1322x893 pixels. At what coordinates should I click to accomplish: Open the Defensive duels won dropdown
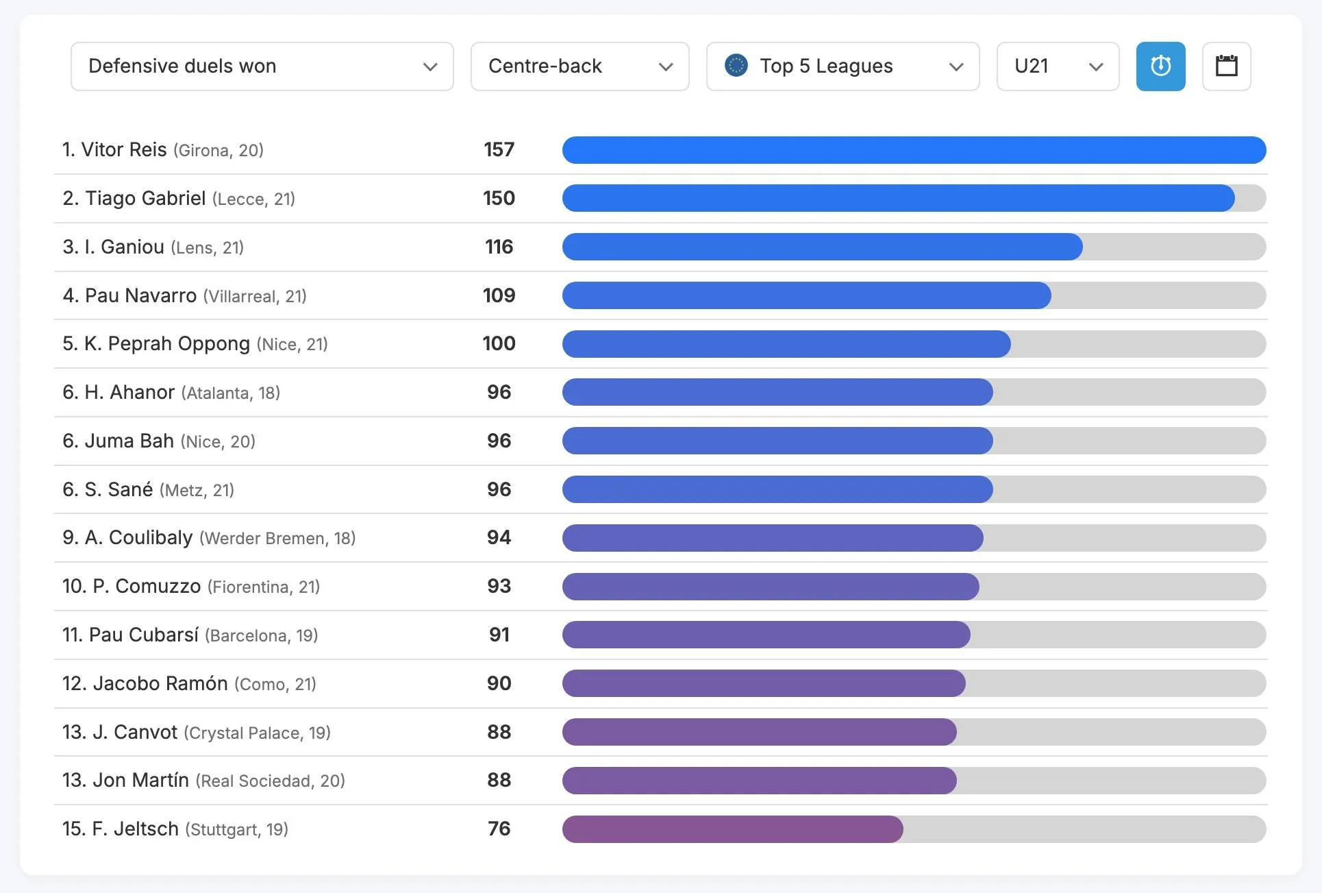(x=262, y=66)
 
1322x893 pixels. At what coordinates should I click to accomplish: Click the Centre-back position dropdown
(x=579, y=66)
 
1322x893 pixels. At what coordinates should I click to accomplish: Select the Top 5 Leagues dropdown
(x=843, y=66)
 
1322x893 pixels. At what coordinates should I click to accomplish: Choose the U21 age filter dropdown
(x=1058, y=66)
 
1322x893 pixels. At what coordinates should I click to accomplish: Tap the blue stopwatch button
(x=1160, y=66)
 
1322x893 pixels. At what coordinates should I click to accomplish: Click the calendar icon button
(x=1226, y=66)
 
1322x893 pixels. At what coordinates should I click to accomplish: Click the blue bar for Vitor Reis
(x=914, y=150)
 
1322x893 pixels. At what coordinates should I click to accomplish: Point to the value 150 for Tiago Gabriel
(x=499, y=199)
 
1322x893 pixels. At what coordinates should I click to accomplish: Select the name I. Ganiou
(x=124, y=247)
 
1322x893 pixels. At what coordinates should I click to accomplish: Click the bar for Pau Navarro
(x=806, y=295)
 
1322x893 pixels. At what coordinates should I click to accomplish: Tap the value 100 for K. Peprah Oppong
(x=499, y=343)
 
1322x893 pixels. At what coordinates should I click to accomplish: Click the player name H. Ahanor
(x=129, y=392)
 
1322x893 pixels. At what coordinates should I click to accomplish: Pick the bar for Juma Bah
(x=777, y=441)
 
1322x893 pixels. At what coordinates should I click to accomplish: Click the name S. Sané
(x=119, y=489)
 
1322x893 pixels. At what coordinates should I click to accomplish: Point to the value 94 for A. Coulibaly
(x=499, y=538)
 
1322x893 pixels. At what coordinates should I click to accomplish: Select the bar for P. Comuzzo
(x=771, y=587)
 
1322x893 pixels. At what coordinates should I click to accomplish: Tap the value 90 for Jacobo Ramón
(x=499, y=683)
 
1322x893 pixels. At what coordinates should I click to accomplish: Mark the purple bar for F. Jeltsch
(x=732, y=829)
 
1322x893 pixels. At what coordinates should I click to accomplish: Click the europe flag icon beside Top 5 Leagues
(x=736, y=66)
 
